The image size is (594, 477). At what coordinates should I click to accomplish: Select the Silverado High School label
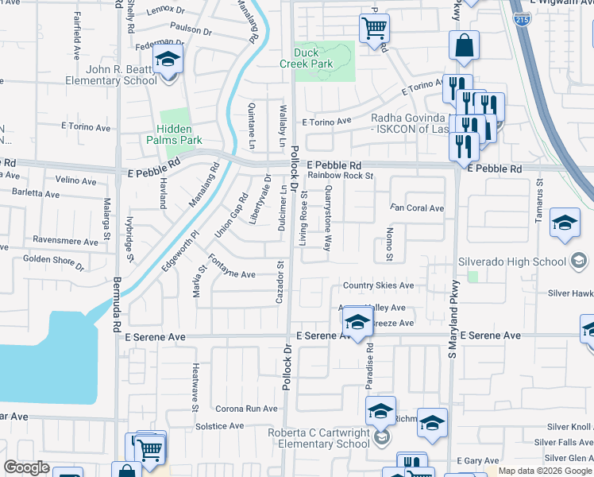click(512, 262)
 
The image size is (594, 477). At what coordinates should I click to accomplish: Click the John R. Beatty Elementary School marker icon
click(168, 60)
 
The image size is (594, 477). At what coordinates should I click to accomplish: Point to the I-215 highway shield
click(523, 18)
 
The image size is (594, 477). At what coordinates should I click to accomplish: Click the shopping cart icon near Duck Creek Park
click(374, 29)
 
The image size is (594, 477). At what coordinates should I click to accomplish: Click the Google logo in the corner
click(26, 467)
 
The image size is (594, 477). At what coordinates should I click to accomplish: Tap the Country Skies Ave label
click(378, 285)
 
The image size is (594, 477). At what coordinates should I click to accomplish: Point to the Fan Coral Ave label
click(416, 208)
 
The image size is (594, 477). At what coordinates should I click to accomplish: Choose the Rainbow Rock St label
click(341, 175)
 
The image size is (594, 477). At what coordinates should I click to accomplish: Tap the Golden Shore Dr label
click(53, 260)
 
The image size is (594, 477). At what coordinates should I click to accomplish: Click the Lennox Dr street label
click(164, 10)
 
